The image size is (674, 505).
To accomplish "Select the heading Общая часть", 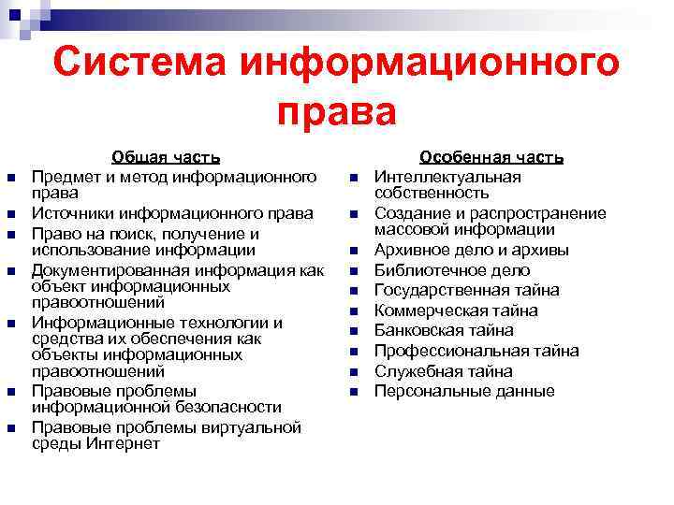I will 166,158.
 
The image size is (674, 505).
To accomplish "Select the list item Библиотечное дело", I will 452,270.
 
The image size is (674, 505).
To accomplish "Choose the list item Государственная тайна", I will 466,290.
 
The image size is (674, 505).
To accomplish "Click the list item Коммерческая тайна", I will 456,310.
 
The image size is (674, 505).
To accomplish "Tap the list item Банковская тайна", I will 444,330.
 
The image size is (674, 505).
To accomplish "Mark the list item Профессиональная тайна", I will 476,351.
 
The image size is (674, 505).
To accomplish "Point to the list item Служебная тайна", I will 443,371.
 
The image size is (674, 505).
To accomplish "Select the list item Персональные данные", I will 464,391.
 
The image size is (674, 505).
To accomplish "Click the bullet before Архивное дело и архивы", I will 355,251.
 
